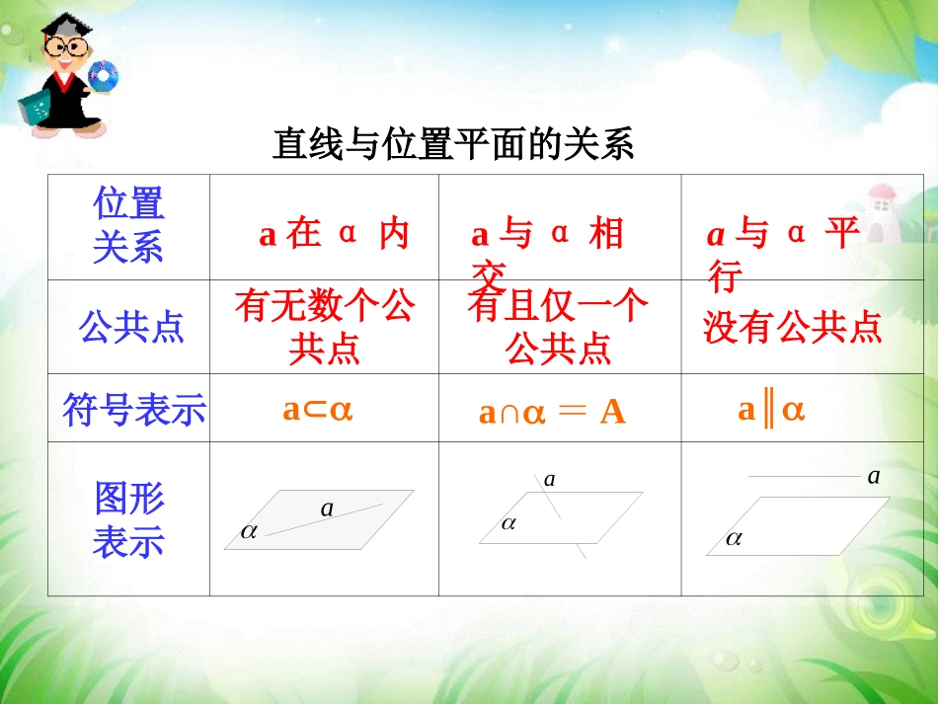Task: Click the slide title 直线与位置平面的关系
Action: [452, 145]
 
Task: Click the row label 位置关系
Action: [128, 226]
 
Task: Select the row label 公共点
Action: [131, 328]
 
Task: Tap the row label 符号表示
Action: [133, 409]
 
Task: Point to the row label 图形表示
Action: [128, 520]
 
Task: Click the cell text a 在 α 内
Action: [334, 235]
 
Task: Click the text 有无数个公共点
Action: [324, 328]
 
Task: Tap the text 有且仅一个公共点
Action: [559, 328]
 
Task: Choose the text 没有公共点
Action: [792, 328]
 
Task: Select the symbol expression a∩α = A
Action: [552, 413]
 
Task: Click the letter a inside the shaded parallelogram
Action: [327, 509]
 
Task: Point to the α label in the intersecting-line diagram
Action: [508, 524]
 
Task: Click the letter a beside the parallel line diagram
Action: [873, 477]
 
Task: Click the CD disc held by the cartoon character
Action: [103, 75]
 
